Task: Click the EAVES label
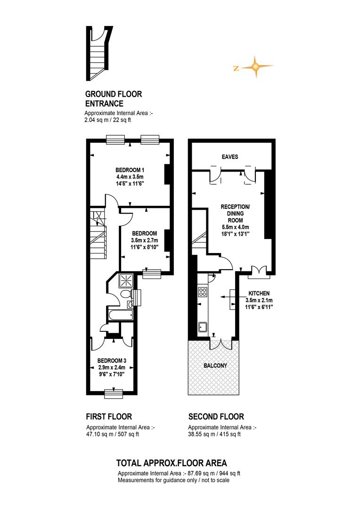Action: point(230,157)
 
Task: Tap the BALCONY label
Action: point(215,366)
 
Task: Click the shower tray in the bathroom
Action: point(126,280)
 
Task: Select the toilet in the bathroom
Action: point(125,294)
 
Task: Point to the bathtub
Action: point(121,314)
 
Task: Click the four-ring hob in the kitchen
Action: point(203,291)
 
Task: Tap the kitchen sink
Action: point(203,328)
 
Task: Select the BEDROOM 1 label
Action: point(130,170)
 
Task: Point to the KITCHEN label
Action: point(259,293)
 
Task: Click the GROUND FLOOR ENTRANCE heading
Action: point(114,99)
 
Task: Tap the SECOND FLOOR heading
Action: point(216,417)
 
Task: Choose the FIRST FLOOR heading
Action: point(109,417)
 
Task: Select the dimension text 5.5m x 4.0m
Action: point(235,227)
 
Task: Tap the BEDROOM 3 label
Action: point(112,361)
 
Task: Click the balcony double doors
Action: point(221,344)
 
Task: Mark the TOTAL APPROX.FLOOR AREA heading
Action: point(172,463)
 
